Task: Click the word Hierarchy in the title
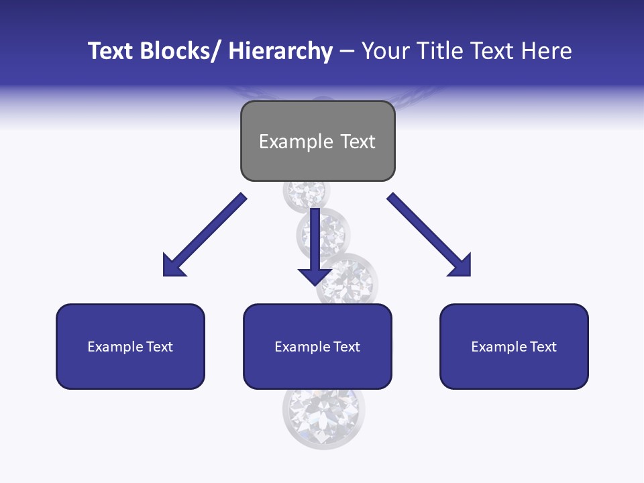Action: coord(280,51)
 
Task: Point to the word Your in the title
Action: coord(384,51)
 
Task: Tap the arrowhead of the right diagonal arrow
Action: coord(462,266)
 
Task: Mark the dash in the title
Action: coord(347,52)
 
